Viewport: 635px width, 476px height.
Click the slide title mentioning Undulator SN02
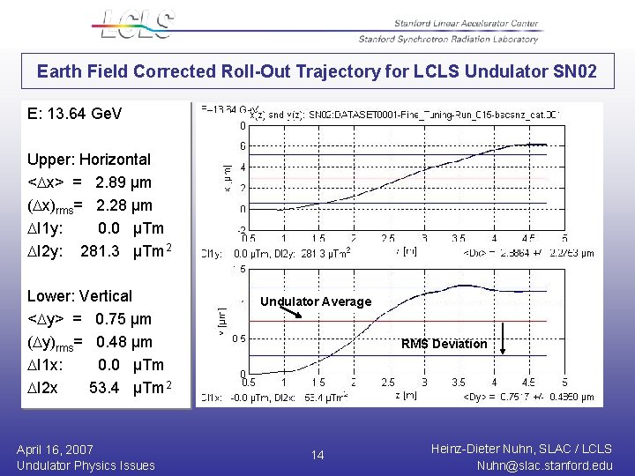click(317, 71)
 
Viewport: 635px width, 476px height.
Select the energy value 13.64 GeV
click(87, 115)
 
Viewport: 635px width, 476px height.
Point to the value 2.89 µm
click(123, 182)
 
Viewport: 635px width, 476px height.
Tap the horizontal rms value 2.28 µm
click(123, 205)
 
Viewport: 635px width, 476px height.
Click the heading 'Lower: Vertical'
click(79, 296)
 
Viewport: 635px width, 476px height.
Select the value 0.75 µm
click(123, 319)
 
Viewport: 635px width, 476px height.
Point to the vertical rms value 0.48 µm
click(123, 342)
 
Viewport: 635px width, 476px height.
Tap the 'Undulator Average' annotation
click(316, 301)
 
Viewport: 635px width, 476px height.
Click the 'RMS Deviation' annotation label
click(444, 344)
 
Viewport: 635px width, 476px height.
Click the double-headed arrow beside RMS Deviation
click(502, 338)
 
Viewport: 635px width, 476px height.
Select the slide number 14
click(317, 455)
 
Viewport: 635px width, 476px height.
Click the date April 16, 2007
click(55, 450)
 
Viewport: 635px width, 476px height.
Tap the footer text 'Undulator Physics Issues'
click(86, 465)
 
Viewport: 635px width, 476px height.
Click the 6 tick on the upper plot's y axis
click(243, 146)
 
